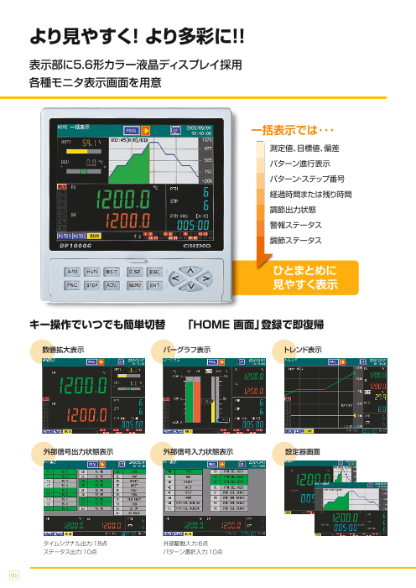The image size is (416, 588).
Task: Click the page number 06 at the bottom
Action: [13, 574]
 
